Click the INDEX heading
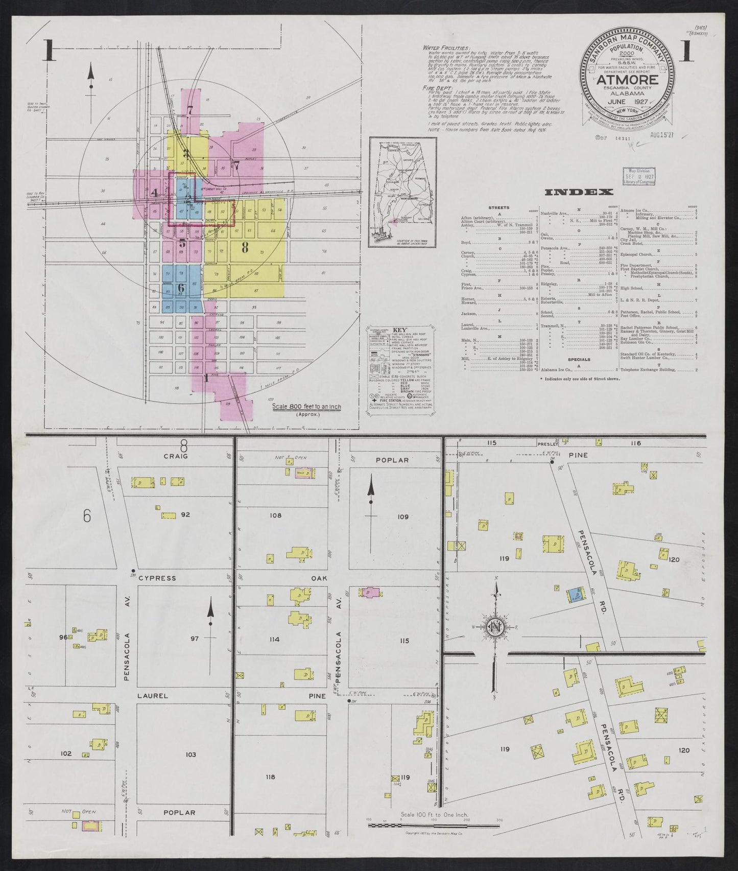(579, 192)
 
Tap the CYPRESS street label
(157, 578)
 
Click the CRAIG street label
(176, 456)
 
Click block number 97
(194, 639)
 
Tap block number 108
(275, 515)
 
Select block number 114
(275, 639)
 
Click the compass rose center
(494, 627)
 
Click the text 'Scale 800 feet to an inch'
(306, 407)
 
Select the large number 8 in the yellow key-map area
(245, 249)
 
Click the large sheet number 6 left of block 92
(87, 517)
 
